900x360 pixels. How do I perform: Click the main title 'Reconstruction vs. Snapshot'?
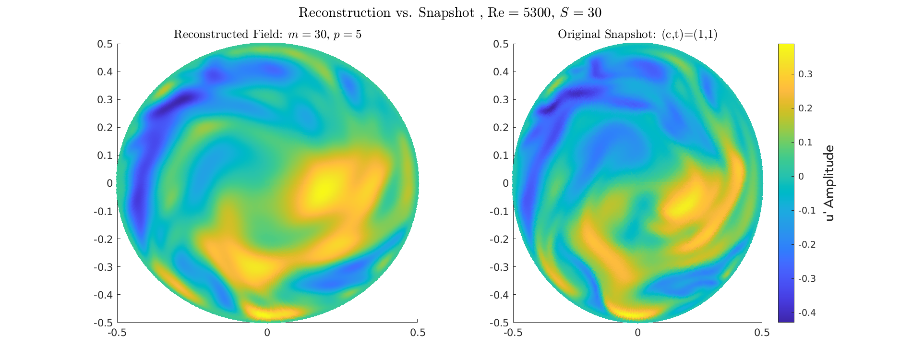pos(386,13)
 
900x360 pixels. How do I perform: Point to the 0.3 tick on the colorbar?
pos(805,74)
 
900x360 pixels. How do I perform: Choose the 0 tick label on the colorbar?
pos(801,177)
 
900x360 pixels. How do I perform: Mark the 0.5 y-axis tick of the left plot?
pos(105,44)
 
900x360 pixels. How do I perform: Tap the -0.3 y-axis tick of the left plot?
pos(103,267)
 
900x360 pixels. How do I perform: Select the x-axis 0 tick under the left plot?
pos(267,333)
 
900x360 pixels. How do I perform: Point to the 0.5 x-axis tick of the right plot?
pos(762,333)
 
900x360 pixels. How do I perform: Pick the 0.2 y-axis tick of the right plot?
pos(501,128)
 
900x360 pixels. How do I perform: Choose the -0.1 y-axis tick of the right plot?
pos(500,211)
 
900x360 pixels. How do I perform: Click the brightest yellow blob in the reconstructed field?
pos(324,188)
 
